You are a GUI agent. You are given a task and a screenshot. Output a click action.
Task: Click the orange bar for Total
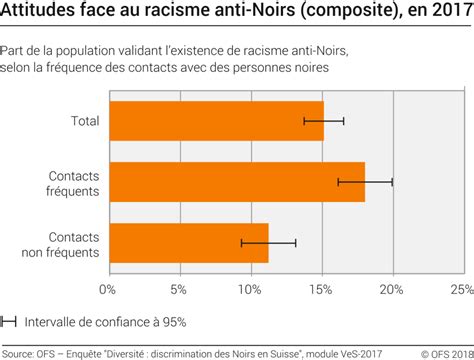(x=215, y=120)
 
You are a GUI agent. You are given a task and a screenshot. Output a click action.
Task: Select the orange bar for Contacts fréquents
(x=236, y=182)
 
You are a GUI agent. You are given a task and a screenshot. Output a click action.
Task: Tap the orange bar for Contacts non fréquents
(x=188, y=243)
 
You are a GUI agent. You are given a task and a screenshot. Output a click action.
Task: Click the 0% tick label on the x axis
(x=108, y=290)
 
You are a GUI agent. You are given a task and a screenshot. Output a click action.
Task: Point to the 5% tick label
(x=178, y=290)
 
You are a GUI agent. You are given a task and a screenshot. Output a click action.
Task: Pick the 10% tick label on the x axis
(x=249, y=290)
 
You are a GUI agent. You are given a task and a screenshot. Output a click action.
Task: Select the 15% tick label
(x=320, y=290)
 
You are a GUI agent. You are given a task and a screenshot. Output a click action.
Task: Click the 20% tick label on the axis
(x=391, y=290)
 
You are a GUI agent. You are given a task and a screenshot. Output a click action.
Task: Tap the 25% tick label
(x=461, y=290)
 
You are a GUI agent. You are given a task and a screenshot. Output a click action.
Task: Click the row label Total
(x=83, y=120)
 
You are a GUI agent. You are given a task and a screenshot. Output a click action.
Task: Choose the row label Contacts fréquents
(x=73, y=182)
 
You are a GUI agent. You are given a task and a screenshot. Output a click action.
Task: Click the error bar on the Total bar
(x=323, y=120)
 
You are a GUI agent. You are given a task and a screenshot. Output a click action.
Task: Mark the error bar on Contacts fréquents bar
(x=364, y=182)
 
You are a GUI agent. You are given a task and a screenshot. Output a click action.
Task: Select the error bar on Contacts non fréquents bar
(x=268, y=243)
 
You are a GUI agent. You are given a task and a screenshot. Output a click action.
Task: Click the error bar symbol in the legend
(x=9, y=321)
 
